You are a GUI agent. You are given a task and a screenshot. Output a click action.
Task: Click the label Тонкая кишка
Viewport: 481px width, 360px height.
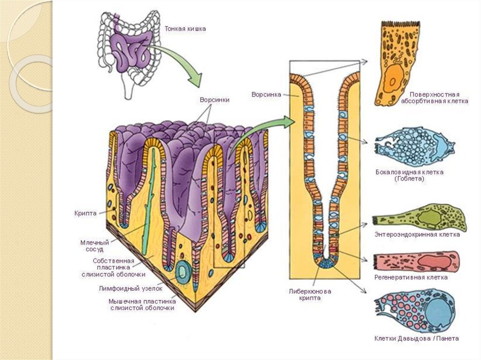click(x=185, y=29)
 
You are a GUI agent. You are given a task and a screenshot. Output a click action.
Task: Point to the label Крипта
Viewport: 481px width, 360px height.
click(x=85, y=213)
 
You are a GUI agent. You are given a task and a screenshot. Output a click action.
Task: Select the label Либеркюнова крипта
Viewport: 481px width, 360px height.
click(x=310, y=294)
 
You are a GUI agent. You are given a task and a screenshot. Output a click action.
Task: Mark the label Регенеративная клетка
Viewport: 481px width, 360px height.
click(x=411, y=277)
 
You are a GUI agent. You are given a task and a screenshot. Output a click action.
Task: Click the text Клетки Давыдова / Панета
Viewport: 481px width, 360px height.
click(x=416, y=338)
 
